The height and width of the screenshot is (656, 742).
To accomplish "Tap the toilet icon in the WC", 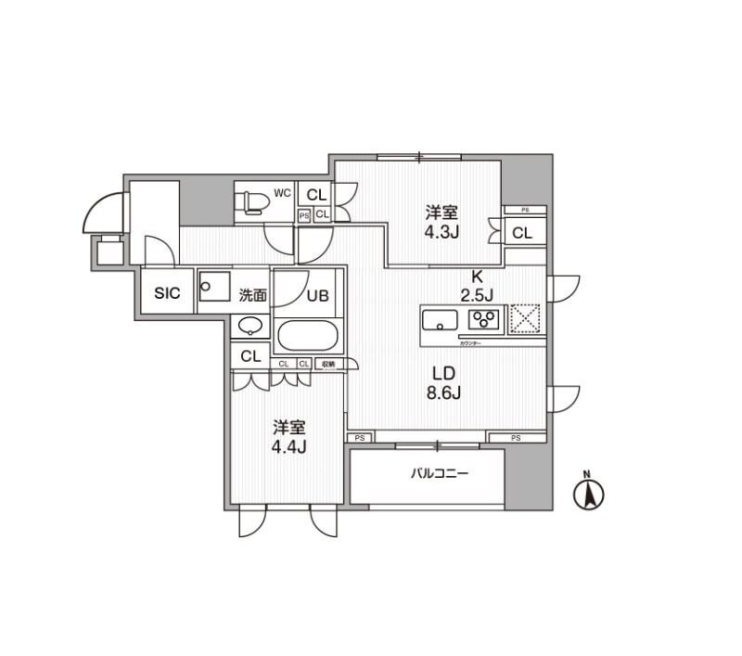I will point(249,201).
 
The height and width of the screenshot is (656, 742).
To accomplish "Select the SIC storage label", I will point(167,293).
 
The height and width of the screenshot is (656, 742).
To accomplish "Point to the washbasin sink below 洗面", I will point(249,327).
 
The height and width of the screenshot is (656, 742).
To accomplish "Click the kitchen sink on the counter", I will point(440,321).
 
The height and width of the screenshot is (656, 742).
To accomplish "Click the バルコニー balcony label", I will point(440,473).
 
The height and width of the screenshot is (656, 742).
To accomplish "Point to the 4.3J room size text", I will point(442,232).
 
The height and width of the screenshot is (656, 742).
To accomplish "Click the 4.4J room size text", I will point(289,447).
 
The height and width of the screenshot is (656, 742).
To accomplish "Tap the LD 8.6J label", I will point(443,382).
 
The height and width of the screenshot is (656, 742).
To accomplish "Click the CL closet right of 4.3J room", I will point(522,234).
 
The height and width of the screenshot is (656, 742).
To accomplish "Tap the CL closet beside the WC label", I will point(316,195).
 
